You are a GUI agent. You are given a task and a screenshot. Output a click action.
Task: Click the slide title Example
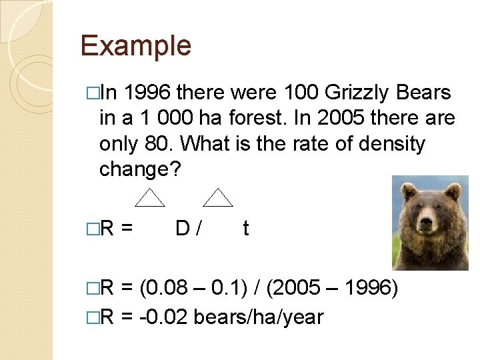tap(135, 46)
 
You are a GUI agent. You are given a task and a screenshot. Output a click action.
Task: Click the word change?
tap(139, 169)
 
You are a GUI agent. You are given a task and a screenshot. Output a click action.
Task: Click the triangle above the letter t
tap(217, 197)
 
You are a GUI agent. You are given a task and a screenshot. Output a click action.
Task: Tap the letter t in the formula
tap(246, 229)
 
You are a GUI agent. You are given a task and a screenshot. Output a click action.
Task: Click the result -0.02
tap(163, 316)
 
